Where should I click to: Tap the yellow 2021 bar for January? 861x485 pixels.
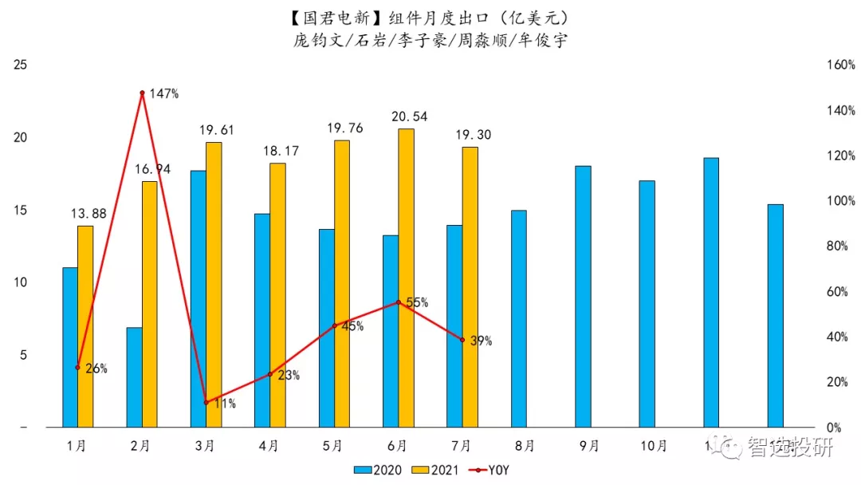[85, 326]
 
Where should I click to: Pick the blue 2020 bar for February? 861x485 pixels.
[134, 377]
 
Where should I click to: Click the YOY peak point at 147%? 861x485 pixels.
[142, 93]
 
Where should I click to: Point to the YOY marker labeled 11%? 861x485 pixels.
[206, 402]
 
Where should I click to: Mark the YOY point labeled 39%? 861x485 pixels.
[462, 340]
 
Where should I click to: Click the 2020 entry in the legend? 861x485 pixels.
[379, 469]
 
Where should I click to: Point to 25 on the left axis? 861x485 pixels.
[21, 65]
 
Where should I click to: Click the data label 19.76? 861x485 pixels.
[344, 128]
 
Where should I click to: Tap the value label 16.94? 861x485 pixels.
[152, 169]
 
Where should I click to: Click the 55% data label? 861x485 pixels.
[417, 303]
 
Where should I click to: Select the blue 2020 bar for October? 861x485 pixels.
[647, 304]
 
